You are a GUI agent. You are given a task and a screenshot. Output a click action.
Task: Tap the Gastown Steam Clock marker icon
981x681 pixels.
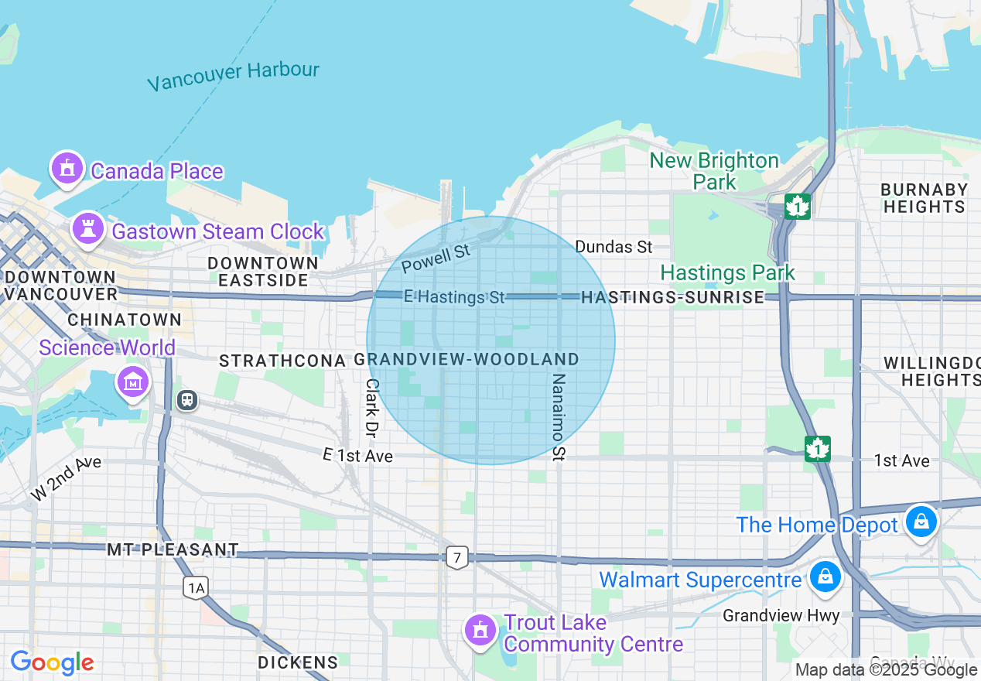[88, 229]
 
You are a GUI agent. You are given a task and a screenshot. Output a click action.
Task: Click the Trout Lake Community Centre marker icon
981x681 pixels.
[480, 630]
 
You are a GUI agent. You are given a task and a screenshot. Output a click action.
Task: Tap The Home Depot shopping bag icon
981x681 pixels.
[921, 522]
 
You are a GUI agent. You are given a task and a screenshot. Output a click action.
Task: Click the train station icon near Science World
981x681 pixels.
[186, 400]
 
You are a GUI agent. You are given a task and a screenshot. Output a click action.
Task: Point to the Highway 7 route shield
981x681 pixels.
[457, 557]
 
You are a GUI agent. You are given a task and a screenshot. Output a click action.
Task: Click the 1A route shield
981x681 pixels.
[196, 588]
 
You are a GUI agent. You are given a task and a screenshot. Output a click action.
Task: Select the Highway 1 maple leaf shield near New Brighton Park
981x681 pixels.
[797, 207]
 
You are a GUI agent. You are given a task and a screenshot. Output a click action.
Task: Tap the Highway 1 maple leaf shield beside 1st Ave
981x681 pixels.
[817, 449]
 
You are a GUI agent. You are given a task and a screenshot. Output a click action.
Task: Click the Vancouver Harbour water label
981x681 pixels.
[233, 76]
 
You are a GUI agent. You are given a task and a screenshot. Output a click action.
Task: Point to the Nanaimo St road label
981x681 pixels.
[559, 417]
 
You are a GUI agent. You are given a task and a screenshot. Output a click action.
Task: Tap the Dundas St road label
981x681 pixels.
[614, 247]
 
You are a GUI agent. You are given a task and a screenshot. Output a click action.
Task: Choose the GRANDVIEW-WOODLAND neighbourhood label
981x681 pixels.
[467, 360]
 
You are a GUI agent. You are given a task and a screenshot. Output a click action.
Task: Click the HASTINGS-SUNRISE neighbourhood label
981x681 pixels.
[672, 297]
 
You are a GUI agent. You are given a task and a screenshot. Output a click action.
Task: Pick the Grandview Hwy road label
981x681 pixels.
[781, 616]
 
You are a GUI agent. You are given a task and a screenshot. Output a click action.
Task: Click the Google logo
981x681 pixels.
[52, 663]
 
